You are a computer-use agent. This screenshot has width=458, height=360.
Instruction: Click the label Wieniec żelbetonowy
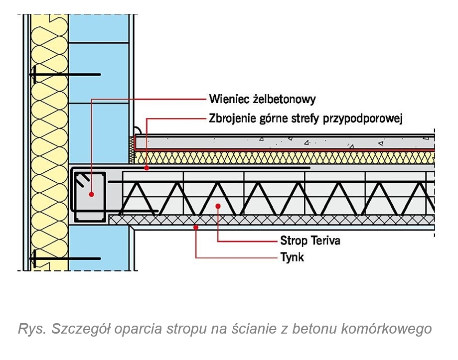tap(262, 99)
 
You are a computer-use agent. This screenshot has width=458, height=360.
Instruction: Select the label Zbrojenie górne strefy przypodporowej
tap(306, 119)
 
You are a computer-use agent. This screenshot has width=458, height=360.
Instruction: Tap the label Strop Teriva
tap(310, 241)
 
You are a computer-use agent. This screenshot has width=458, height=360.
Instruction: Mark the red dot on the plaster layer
tap(196, 227)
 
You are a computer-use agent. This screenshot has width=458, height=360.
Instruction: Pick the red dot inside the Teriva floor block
tap(218, 205)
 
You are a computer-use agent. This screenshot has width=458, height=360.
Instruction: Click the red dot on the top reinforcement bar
tap(147, 168)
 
